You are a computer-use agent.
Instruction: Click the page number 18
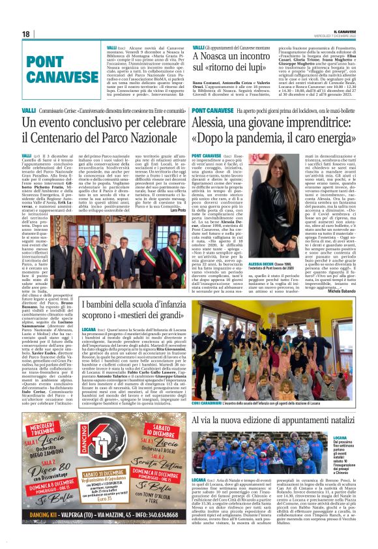[26, 33]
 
